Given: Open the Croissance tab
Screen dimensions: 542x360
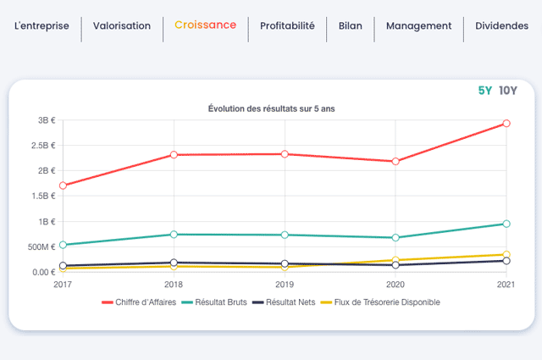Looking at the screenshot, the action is (205, 25).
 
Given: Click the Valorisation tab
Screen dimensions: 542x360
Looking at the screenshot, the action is (122, 25).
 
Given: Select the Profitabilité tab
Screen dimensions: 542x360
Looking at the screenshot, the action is (287, 25).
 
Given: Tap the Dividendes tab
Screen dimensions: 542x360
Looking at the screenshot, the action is (501, 25).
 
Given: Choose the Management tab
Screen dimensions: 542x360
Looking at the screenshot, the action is (418, 26).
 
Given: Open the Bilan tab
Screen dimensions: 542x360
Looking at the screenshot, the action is (350, 25).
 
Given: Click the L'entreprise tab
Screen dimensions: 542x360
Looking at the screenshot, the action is (41, 26).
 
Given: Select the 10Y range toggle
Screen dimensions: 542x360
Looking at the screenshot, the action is (508, 91).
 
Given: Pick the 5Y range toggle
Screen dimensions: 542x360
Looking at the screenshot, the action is (484, 91).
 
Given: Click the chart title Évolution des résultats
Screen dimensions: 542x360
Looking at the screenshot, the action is (271, 108).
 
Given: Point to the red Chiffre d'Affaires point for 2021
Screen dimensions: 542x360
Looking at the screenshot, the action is (506, 124).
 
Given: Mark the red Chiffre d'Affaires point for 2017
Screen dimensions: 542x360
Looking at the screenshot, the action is (63, 186).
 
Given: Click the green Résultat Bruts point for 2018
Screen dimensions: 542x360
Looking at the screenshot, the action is (174, 235).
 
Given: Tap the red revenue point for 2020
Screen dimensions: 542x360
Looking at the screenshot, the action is (395, 162).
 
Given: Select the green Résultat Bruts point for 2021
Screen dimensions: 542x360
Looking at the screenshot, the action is (506, 224).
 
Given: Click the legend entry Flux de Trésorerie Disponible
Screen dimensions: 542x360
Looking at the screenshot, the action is (380, 302).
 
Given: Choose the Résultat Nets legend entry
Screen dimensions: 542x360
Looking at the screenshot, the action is (284, 302).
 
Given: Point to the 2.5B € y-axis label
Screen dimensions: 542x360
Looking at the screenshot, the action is (43, 146).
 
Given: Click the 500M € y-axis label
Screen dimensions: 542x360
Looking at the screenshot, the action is (41, 246).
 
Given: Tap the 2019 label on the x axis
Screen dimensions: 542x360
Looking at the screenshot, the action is (285, 285).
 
